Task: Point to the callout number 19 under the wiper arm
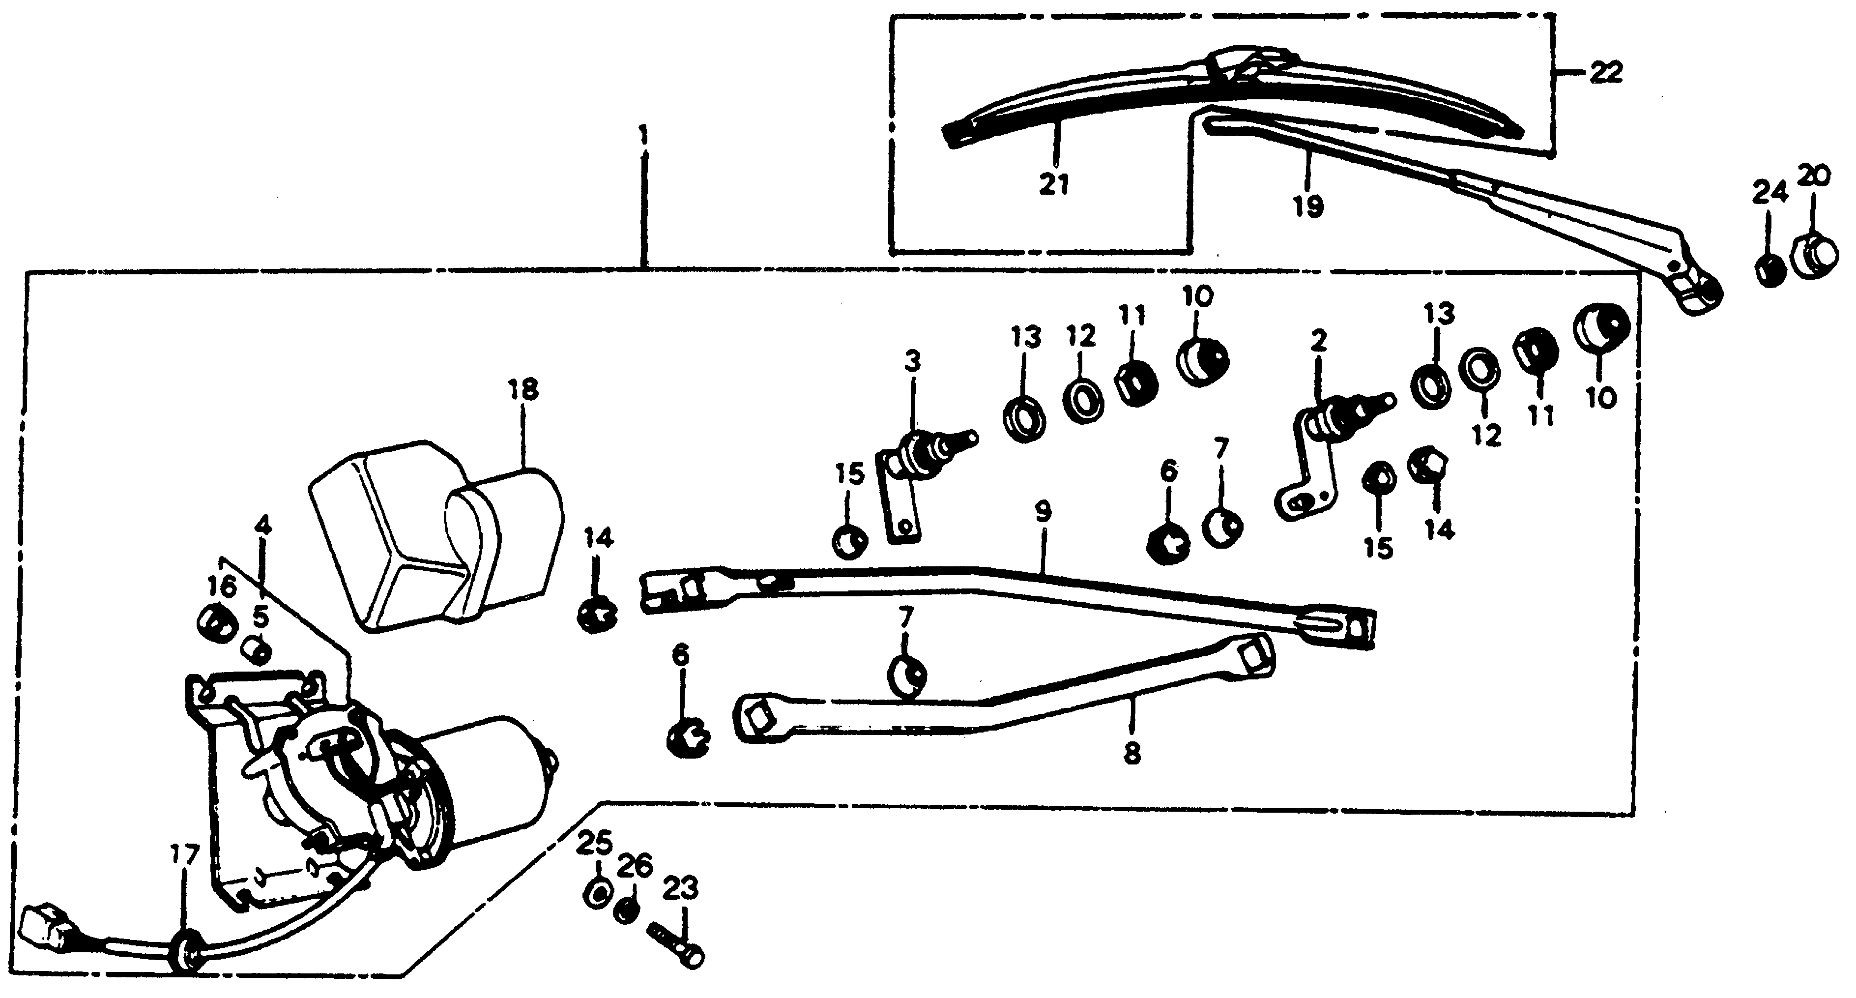(1307, 207)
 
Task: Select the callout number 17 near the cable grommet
(184, 855)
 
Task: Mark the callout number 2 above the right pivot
(1318, 341)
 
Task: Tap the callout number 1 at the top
(643, 134)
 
